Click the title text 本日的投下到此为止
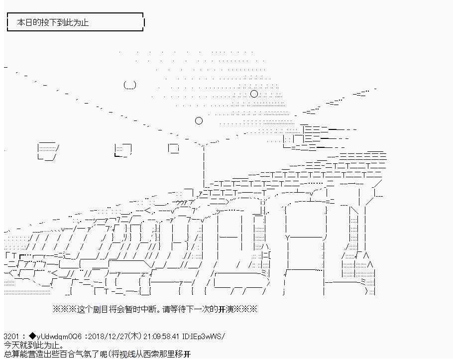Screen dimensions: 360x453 pos(53,22)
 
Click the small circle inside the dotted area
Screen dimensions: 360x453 pos(254,94)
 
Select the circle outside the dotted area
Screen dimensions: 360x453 pos(199,120)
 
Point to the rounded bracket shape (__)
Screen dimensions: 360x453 pos(129,85)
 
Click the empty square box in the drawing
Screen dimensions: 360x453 pos(173,148)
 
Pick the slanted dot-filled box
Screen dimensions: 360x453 pos(48,149)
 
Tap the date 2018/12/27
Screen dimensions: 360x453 pos(106,337)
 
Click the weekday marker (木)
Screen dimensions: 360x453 pos(133,337)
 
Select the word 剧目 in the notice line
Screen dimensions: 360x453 pos(99,309)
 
